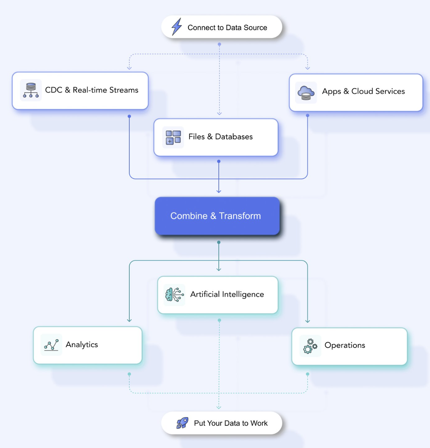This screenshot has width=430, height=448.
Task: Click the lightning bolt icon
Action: tap(177, 27)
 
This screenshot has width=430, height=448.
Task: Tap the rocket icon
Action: tap(182, 423)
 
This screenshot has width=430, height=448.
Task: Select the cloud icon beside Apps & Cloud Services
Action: tap(306, 93)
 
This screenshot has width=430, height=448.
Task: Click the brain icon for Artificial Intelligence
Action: tap(174, 294)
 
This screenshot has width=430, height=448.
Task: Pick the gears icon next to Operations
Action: tap(310, 346)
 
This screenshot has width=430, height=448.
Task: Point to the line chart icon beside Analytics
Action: tap(51, 345)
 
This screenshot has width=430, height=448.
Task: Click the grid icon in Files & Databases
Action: tap(173, 137)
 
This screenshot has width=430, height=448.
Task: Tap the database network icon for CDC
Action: tap(31, 90)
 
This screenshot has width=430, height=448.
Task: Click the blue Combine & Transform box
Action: tap(217, 216)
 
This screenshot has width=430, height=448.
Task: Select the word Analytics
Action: tap(82, 344)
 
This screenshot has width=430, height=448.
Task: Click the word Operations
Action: tap(345, 346)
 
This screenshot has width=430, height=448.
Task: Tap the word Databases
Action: tap(234, 137)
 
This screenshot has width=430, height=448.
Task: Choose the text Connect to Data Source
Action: tap(227, 27)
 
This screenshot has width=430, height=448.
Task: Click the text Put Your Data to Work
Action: tap(230, 423)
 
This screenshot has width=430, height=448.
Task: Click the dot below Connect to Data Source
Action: tap(220, 44)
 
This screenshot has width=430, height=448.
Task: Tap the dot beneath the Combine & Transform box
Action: tap(219, 242)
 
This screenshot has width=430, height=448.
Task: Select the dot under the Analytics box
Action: tap(129, 374)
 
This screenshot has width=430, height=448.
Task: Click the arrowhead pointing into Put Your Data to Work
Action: tap(219, 407)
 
